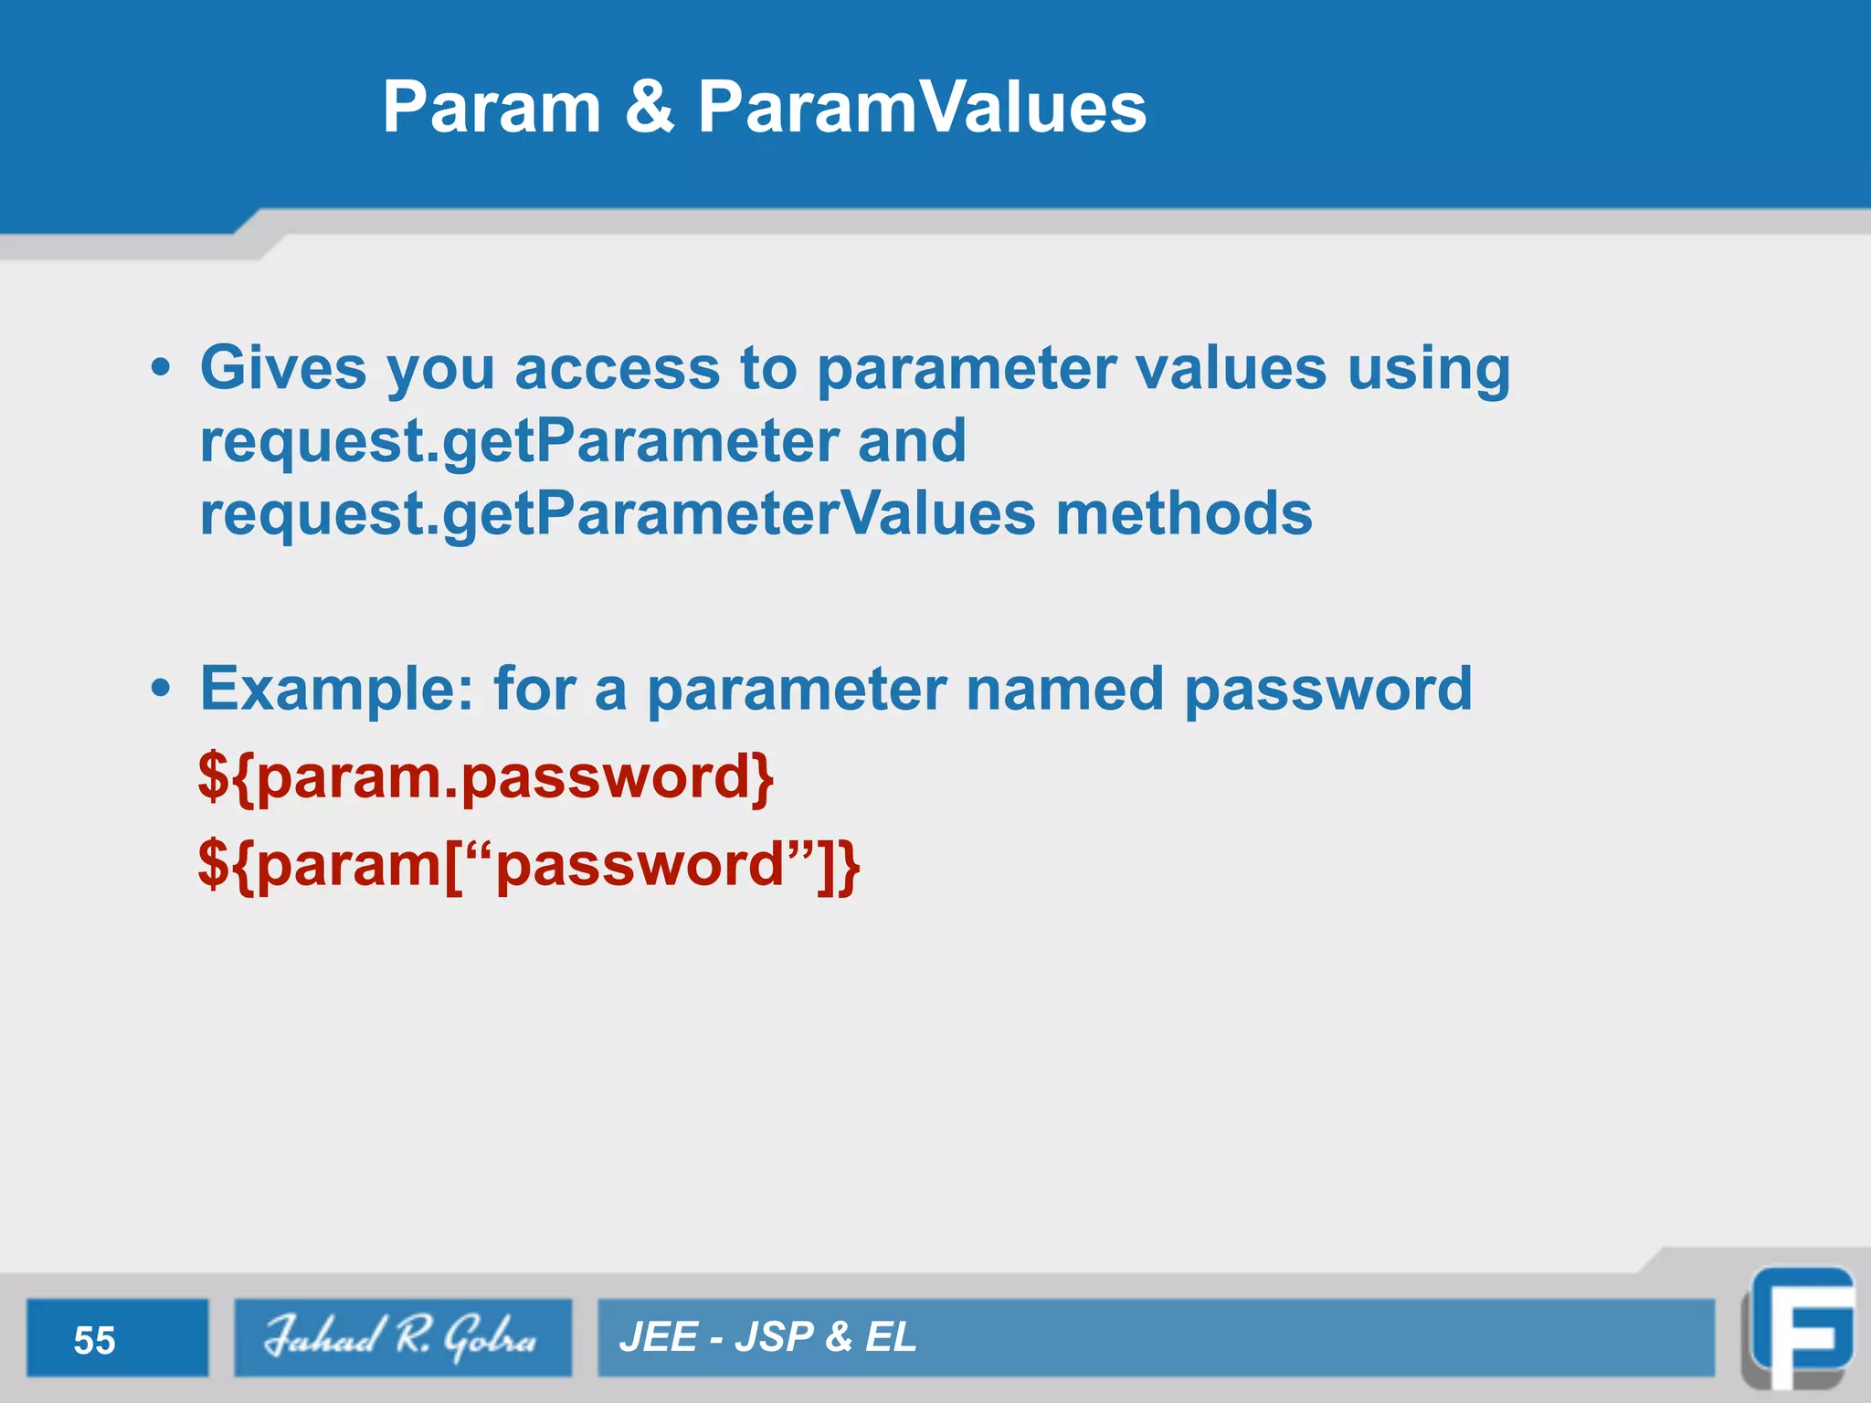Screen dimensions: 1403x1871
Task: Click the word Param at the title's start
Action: click(491, 108)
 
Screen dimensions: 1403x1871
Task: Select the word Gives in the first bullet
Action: click(283, 368)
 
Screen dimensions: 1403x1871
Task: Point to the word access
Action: click(618, 368)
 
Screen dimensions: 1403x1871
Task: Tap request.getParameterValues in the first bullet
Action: click(618, 514)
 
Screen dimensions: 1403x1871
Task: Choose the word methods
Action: click(1184, 513)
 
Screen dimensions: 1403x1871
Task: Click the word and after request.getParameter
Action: click(912, 440)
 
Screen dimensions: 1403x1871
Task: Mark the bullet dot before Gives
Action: click(161, 368)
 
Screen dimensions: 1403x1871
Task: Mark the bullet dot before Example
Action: click(161, 688)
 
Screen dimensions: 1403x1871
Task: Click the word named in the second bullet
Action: click(1064, 688)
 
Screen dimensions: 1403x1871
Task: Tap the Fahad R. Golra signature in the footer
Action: click(402, 1337)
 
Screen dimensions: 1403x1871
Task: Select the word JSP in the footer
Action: click(774, 1337)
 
